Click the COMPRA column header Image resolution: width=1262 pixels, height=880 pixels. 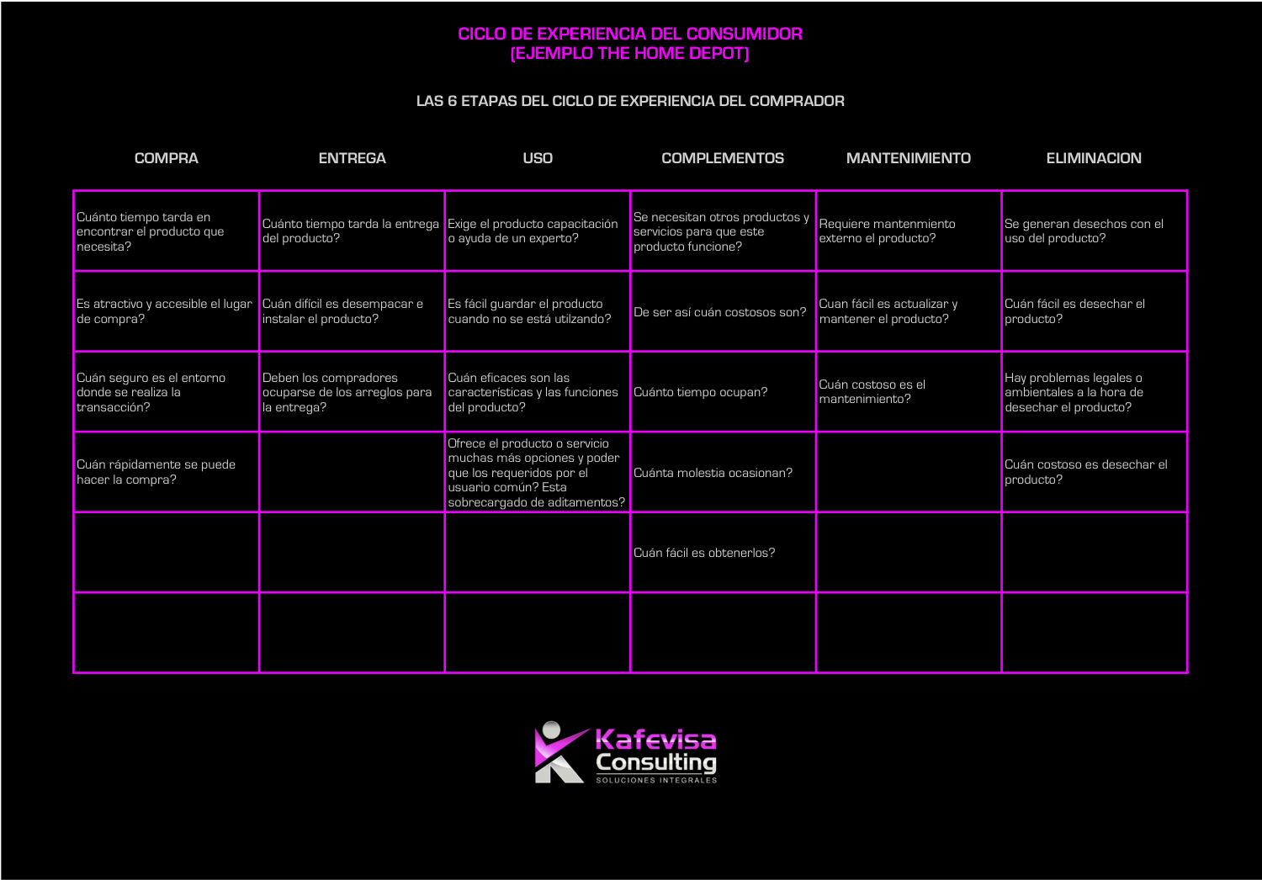point(167,158)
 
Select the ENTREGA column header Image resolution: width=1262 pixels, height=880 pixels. point(353,158)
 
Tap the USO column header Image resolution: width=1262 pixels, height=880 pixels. point(538,158)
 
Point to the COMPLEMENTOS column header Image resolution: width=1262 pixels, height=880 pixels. point(723,158)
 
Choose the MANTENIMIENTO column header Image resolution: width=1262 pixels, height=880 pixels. point(908,158)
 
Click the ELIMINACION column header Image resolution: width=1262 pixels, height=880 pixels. point(1094,158)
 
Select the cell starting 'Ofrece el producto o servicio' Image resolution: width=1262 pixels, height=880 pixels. point(537,473)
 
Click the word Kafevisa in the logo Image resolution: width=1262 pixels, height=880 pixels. point(655,740)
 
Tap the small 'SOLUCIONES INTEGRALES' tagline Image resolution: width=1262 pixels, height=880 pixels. point(656,780)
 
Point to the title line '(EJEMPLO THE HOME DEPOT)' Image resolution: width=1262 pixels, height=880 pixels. point(630,54)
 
